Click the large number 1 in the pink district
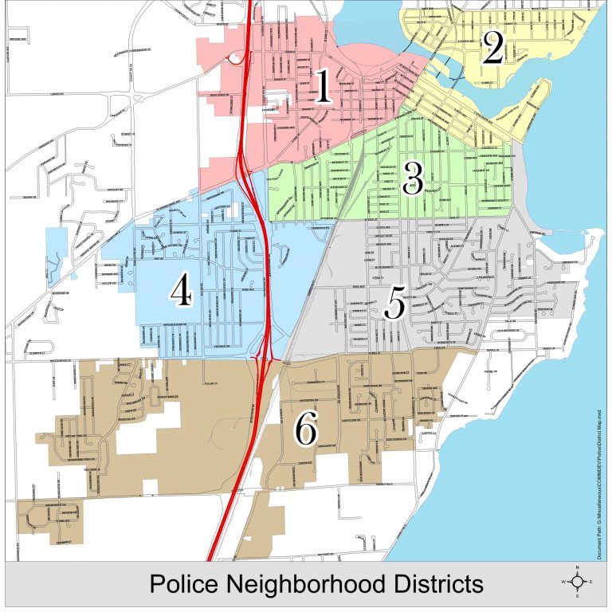(x=323, y=88)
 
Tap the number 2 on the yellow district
(x=492, y=49)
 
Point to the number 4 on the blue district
(x=182, y=292)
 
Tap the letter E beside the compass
(x=592, y=582)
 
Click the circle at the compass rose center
(x=579, y=581)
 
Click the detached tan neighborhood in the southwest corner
(x=49, y=517)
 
